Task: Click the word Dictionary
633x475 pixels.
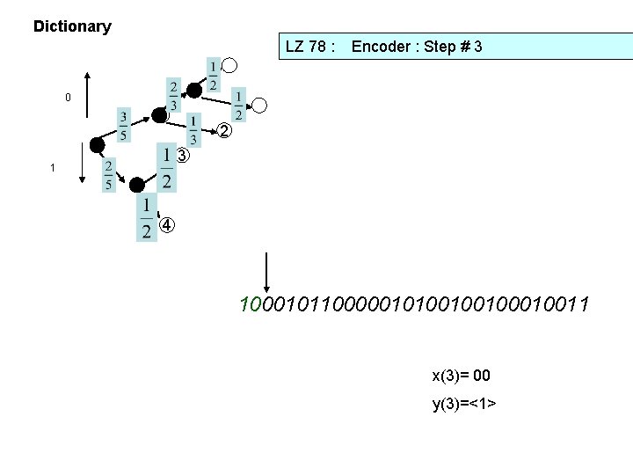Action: point(72,26)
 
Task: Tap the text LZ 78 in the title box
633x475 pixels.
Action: point(312,46)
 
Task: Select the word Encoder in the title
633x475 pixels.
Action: point(384,46)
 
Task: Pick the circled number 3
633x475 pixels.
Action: point(181,157)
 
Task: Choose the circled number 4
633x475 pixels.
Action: point(167,226)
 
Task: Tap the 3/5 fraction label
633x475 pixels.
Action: point(124,126)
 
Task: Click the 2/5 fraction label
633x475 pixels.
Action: point(109,174)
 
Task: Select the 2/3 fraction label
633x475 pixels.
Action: point(173,95)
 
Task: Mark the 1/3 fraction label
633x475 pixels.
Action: point(194,131)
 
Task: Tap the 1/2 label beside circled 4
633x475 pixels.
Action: point(146,218)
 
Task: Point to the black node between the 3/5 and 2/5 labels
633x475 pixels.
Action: point(97,145)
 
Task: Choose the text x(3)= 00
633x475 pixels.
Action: point(461,376)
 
